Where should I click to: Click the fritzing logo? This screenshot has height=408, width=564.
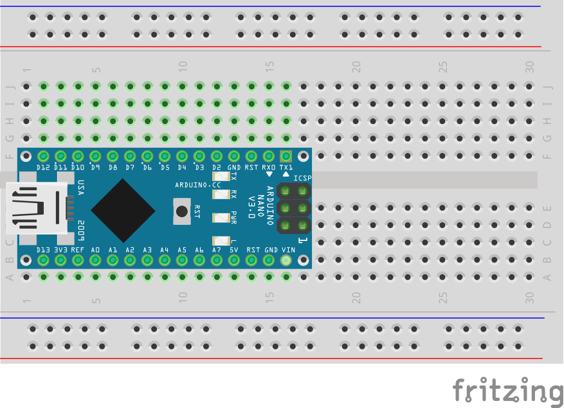pyautogui.click(x=507, y=390)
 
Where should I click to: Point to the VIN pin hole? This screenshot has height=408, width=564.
pyautogui.click(x=286, y=260)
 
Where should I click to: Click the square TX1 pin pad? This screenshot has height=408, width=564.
pyautogui.click(x=286, y=155)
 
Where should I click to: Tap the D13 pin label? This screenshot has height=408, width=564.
pyautogui.click(x=43, y=249)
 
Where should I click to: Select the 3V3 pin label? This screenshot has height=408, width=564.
pyautogui.click(x=60, y=249)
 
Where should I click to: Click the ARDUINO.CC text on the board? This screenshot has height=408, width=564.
pyautogui.click(x=197, y=185)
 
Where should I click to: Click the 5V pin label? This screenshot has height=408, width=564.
pyautogui.click(x=233, y=249)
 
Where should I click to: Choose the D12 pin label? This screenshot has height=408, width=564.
pyautogui.click(x=43, y=167)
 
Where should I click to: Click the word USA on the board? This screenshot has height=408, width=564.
pyautogui.click(x=81, y=188)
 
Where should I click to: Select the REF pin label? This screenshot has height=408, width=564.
pyautogui.click(x=78, y=249)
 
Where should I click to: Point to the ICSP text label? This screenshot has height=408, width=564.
pyautogui.click(x=302, y=178)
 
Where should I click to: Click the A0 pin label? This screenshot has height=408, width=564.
pyautogui.click(x=95, y=249)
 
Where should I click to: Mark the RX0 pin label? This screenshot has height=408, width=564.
pyautogui.click(x=269, y=167)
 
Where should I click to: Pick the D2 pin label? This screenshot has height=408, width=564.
pyautogui.click(x=217, y=167)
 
